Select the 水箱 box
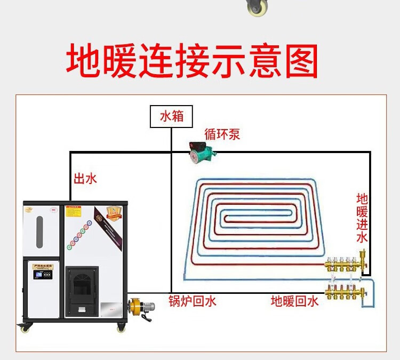171,116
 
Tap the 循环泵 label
222,134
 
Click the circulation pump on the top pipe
202,151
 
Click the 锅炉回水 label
192,301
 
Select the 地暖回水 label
294,301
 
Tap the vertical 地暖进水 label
362,218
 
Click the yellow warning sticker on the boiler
73,212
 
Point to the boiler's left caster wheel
25,328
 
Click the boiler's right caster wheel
119,328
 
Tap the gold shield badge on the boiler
112,212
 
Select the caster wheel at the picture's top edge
257,7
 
